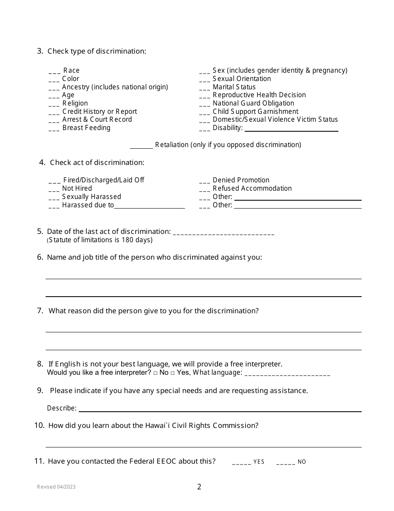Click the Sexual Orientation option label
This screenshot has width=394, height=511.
241,79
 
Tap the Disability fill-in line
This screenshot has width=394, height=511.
292,129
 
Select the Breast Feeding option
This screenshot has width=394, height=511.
86,128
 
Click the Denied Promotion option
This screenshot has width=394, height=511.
241,180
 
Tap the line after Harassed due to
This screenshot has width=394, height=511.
149,206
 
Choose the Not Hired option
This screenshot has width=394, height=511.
77,189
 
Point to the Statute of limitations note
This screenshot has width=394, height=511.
100,240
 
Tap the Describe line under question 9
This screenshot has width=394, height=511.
220,409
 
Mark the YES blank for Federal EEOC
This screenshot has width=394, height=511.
241,462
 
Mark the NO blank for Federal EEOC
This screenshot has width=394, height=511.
285,462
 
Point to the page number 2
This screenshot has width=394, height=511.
199,487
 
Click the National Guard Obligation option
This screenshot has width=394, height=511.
253,103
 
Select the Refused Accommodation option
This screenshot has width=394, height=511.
252,189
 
